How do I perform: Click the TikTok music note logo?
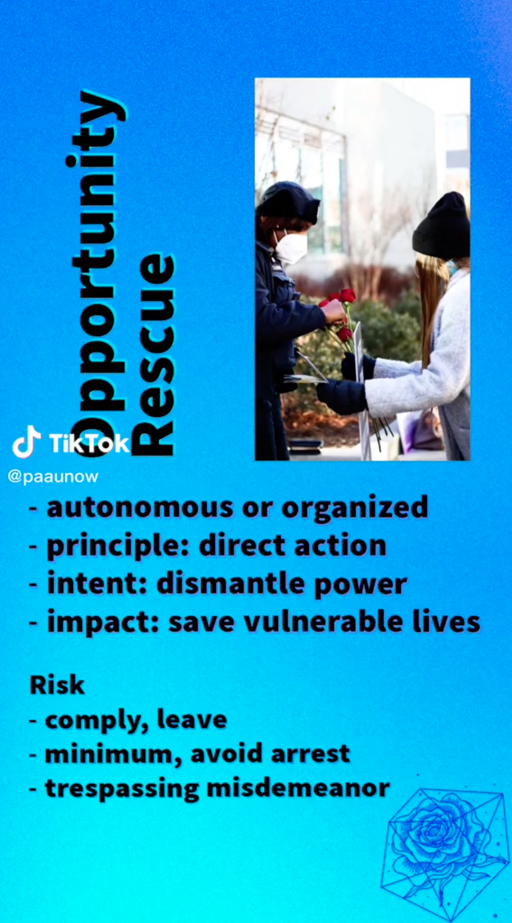coord(26,442)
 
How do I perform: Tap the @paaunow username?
coord(53,477)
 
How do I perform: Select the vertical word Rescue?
coord(155,354)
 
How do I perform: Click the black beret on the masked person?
coord(287,202)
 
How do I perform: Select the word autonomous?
coord(140,507)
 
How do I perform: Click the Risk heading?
coord(57,685)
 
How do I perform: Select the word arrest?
coord(310,754)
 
